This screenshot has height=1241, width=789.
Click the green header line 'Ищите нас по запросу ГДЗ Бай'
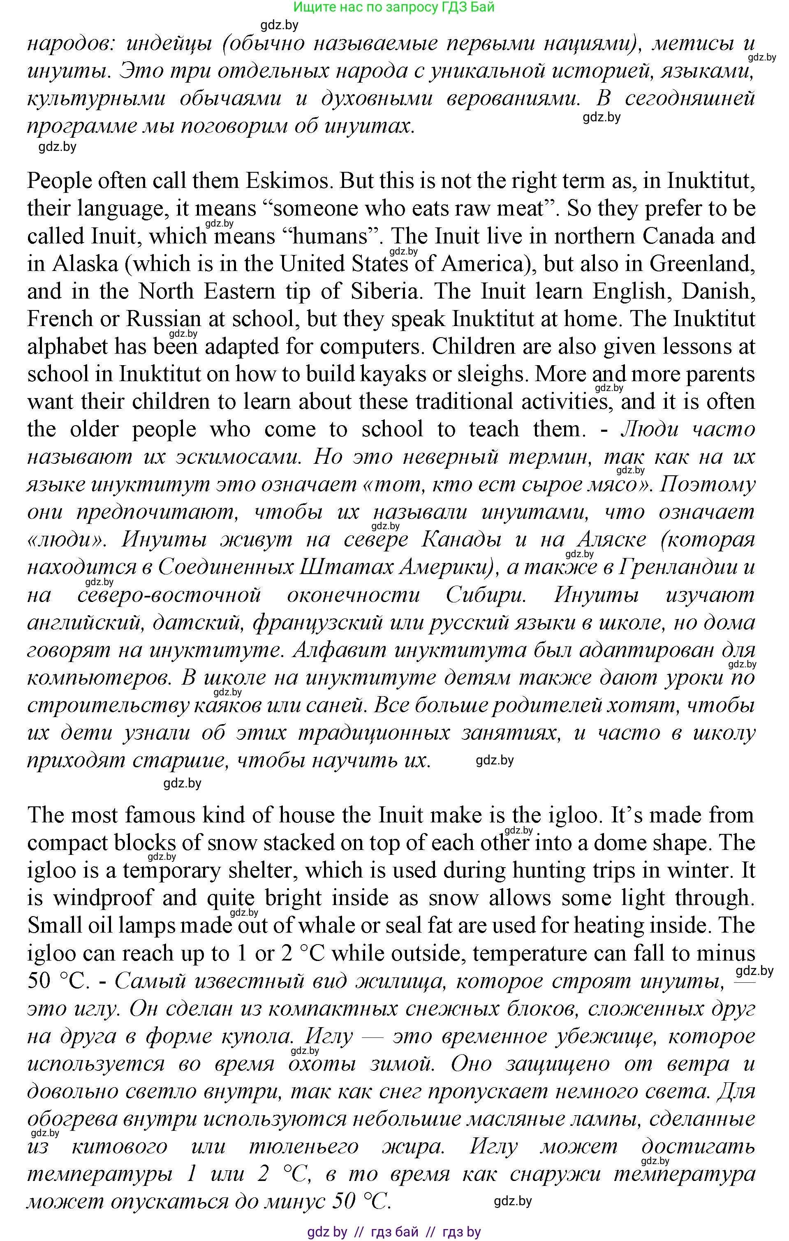pos(394,7)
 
